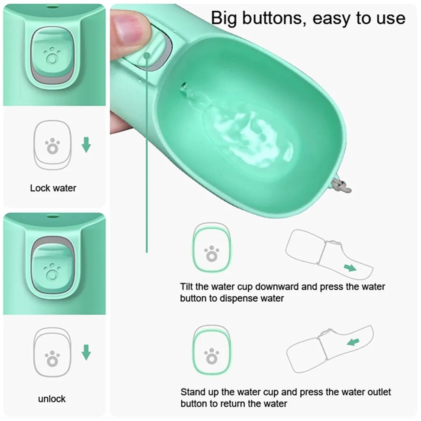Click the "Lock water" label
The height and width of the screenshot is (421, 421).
(x=53, y=188)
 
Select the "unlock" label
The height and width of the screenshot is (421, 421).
(x=51, y=399)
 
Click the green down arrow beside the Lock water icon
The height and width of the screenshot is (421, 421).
(x=86, y=145)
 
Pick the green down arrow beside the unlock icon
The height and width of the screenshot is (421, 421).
(x=86, y=352)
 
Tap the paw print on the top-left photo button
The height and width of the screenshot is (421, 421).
(x=52, y=56)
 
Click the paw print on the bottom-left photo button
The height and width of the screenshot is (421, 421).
(x=52, y=271)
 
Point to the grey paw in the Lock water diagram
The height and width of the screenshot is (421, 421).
(x=52, y=146)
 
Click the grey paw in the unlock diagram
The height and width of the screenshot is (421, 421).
(x=52, y=359)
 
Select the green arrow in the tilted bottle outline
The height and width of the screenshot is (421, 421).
(x=350, y=267)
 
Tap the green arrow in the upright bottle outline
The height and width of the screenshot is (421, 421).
(x=353, y=342)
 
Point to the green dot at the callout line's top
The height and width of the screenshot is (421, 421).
(x=147, y=56)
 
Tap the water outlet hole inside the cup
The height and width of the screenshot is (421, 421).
(x=184, y=87)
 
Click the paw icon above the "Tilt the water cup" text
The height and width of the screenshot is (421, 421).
(x=212, y=254)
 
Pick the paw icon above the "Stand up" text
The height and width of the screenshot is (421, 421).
(x=212, y=356)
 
